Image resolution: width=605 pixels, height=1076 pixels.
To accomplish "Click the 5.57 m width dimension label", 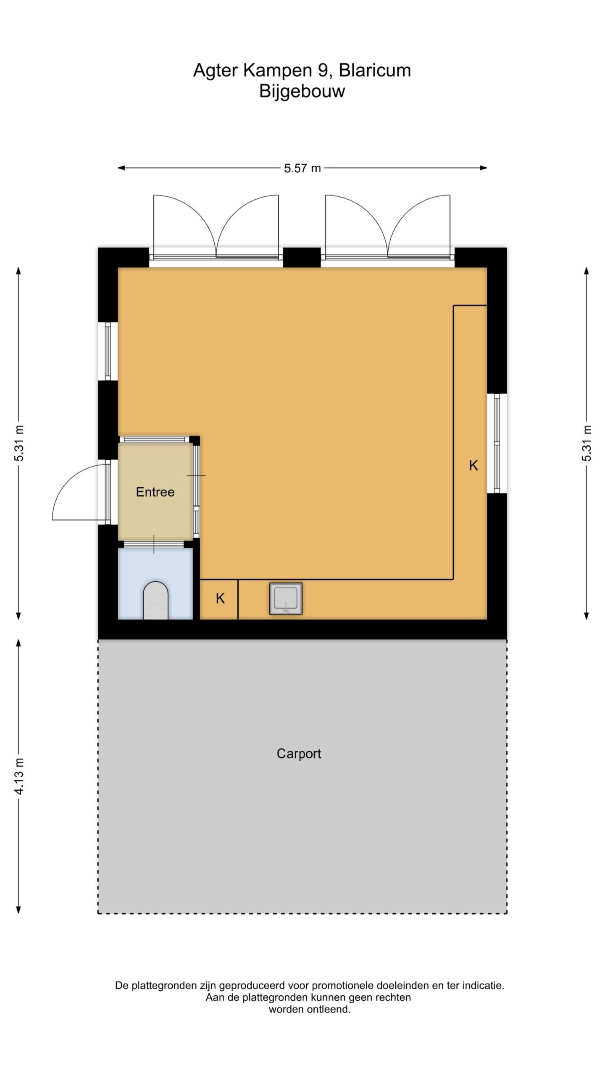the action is point(302,169).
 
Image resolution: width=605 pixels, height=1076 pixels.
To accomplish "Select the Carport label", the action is point(299,754).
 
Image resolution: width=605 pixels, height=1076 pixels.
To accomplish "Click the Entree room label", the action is point(155,492).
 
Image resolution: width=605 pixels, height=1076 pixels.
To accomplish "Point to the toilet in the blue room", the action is point(155,601).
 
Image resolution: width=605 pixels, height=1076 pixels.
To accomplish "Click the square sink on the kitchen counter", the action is point(286,599).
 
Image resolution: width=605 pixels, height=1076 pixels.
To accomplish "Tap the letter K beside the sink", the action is point(220,598).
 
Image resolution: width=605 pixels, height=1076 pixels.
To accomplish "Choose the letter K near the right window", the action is point(473,465).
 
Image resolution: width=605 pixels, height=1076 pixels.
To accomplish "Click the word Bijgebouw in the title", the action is point(302,91).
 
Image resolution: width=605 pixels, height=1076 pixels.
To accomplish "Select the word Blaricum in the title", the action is point(375,70).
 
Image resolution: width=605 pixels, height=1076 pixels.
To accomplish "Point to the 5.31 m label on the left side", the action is point(19,443).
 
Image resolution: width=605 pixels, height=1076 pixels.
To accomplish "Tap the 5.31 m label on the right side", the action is point(587,443).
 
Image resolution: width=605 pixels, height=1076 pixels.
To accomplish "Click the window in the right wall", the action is point(497,443).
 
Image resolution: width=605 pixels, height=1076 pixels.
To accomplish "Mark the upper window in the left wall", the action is point(108,351).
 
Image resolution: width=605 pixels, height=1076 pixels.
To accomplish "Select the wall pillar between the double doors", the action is point(302,257).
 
